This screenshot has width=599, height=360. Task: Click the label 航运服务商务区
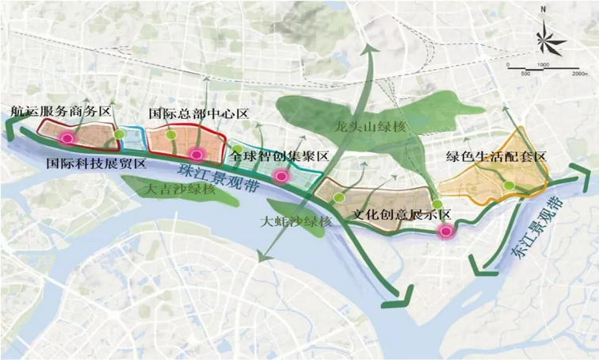[59, 113]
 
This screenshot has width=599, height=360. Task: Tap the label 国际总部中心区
[199, 113]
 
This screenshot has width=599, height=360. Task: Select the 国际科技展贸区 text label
[97, 164]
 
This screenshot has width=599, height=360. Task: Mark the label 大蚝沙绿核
[296, 223]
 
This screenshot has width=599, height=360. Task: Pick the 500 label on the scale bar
[526, 72]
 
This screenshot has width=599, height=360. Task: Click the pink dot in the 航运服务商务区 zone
[67, 138]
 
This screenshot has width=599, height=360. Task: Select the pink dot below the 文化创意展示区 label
[447, 232]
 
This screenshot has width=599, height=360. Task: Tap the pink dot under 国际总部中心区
[196, 153]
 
